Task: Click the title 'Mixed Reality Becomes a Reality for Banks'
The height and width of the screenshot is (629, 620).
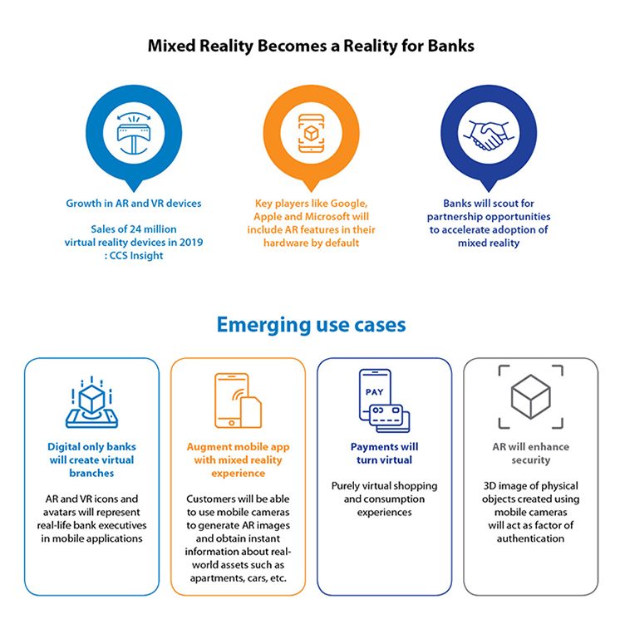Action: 310,46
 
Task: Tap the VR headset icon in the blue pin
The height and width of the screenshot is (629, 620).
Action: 134,133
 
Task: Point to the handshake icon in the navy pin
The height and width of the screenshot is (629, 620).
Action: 488,134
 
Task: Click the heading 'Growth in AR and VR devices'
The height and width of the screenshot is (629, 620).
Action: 134,204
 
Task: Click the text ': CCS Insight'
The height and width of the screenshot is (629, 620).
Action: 134,256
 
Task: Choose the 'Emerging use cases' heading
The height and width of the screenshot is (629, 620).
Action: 311,325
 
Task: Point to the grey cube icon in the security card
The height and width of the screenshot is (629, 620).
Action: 529,397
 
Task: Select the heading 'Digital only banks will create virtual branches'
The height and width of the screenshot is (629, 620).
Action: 91,459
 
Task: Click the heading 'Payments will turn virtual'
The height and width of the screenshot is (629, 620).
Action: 385,453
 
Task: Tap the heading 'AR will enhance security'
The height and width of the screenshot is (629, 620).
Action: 529,453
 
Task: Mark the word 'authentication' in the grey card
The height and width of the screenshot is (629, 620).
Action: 530,538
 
